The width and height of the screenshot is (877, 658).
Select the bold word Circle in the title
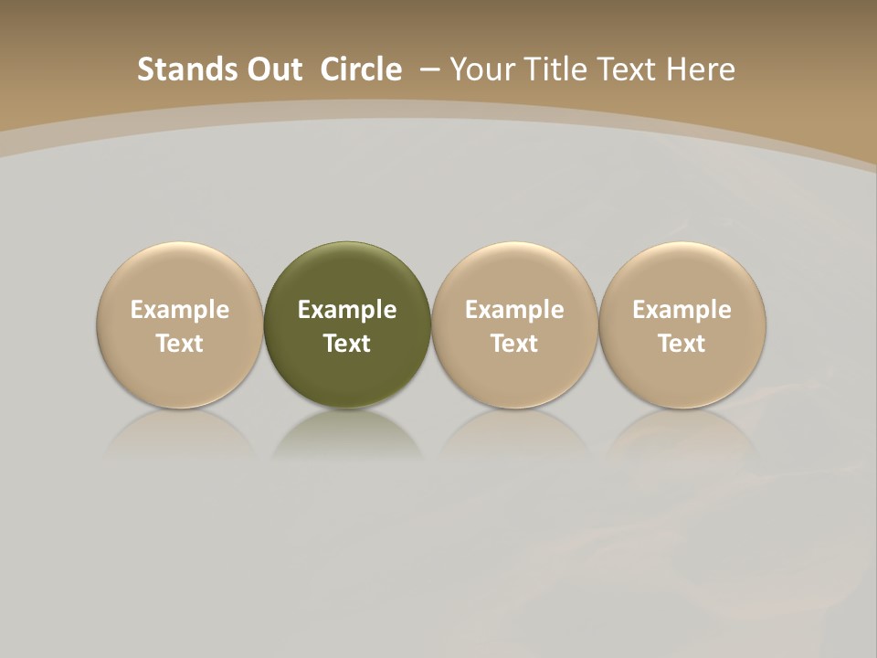(361, 69)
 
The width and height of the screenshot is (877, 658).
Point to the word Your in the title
(481, 69)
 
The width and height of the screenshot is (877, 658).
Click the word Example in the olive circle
(347, 310)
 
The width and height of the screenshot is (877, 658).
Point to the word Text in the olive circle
(347, 344)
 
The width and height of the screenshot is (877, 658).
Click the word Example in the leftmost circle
(180, 310)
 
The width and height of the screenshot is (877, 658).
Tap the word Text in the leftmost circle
(180, 344)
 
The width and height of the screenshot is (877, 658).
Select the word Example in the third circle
(514, 310)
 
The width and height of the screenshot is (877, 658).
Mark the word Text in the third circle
(514, 344)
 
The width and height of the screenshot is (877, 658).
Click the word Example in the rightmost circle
(682, 310)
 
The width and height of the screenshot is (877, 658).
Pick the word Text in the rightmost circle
(682, 344)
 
